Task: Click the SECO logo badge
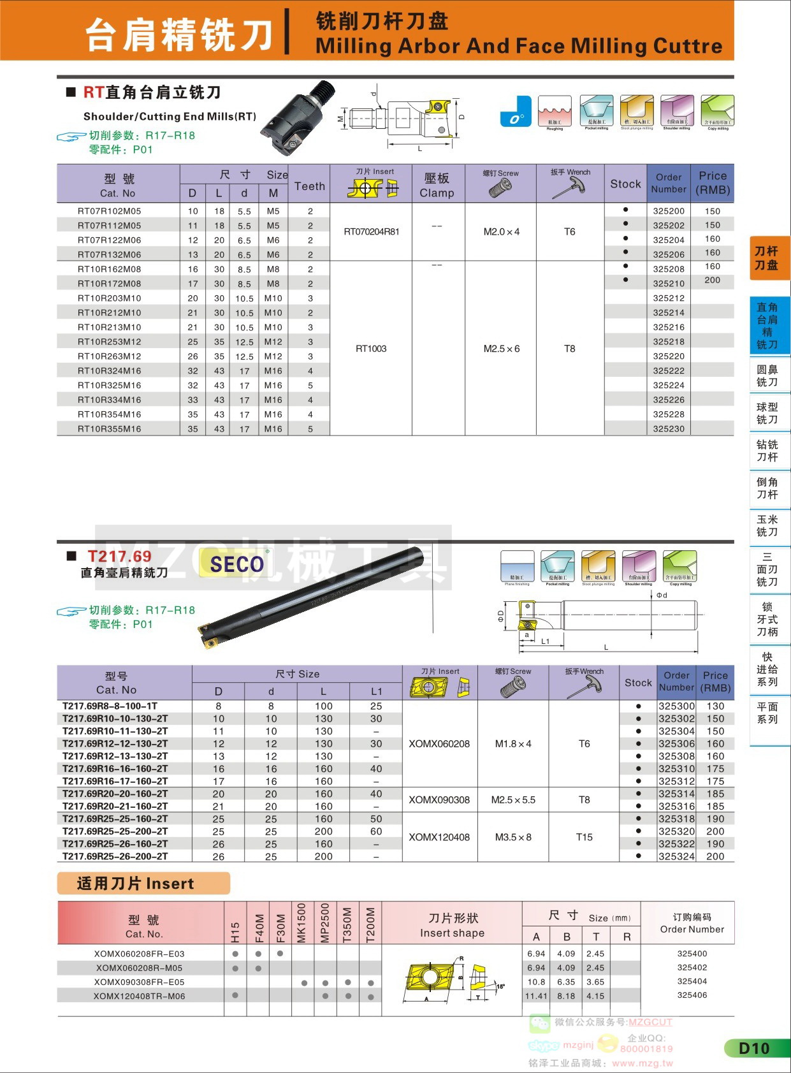pos(236,564)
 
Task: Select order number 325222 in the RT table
pos(669,371)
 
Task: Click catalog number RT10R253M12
pos(110,342)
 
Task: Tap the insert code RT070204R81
pos(372,231)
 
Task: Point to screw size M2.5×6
pos(501,349)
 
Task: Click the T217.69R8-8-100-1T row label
pos(110,706)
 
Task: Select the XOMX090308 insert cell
pos(439,799)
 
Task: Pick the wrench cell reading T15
pos(584,837)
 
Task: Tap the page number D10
pos(754,1048)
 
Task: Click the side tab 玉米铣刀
pos(767,526)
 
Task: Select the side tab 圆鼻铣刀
pos(767,376)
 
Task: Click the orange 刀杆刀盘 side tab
pos(767,258)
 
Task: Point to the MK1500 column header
pos(301,923)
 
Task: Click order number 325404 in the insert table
pos(692,981)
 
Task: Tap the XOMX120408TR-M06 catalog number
pos(139,996)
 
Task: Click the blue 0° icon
pos(516,112)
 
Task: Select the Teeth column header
pos(310,186)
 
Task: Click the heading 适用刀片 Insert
pos(136,884)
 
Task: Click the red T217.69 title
pos(119,557)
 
